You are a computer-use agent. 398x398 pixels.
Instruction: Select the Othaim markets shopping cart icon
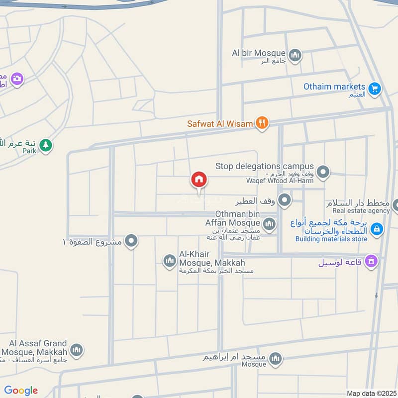pyautogui.click(x=375, y=89)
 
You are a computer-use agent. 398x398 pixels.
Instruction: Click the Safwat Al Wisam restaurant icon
pyautogui.click(x=262, y=123)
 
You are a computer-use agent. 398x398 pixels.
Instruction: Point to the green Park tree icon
pyautogui.click(x=46, y=145)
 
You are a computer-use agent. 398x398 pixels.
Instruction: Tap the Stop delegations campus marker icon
pyautogui.click(x=323, y=172)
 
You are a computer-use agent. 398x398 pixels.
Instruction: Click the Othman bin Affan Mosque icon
pyautogui.click(x=269, y=224)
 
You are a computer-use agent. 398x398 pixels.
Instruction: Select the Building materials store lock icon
pyautogui.click(x=377, y=229)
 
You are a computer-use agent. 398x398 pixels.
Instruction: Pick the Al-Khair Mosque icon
pyautogui.click(x=170, y=260)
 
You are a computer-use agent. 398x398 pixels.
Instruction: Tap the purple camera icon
pyautogui.click(x=17, y=79)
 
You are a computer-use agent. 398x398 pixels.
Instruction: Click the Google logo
pyautogui.click(x=21, y=391)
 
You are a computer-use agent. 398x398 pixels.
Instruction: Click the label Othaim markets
pyautogui.click(x=334, y=87)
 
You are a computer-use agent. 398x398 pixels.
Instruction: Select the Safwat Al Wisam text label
pyautogui.click(x=220, y=123)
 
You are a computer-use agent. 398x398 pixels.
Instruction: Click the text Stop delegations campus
pyautogui.click(x=265, y=166)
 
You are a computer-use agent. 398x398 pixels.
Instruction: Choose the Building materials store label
pyautogui.click(x=331, y=239)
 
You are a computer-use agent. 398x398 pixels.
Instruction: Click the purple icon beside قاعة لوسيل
pyautogui.click(x=371, y=261)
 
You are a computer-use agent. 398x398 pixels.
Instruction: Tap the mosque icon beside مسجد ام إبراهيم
pyautogui.click(x=275, y=358)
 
